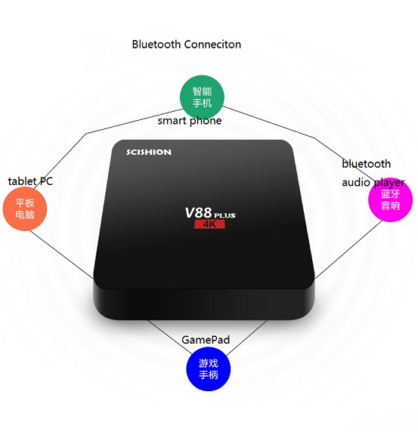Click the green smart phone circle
202,97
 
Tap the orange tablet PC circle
25,208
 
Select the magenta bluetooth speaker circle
391,199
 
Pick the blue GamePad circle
209,369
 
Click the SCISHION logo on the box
149,152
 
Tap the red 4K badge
209,224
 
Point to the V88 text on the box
198,213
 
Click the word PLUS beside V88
224,215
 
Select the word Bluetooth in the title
156,45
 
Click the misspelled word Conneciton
212,45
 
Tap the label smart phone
190,121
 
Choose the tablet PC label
30,181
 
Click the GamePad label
206,340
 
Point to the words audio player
373,182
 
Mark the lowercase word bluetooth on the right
366,164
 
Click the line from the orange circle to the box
61,255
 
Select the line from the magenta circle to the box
348,250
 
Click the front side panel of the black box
203,303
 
